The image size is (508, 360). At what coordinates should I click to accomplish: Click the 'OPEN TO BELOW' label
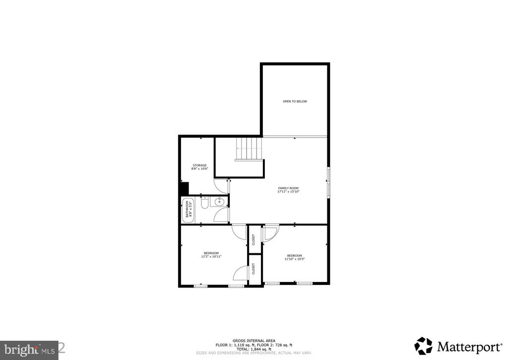[x=295, y=101]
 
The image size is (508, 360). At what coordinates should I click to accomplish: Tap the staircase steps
[x=249, y=147]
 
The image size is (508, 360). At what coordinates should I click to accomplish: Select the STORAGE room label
[x=199, y=165]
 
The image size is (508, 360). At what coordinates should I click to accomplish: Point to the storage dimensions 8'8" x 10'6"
[x=199, y=169]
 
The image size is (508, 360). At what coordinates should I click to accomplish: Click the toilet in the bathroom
[x=204, y=204]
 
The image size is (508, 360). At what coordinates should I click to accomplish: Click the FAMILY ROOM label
[x=288, y=188]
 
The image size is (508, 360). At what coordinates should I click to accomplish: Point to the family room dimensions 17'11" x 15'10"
[x=288, y=192]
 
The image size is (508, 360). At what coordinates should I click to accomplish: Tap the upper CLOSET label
[x=254, y=240]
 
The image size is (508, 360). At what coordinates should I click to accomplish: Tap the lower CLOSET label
[x=254, y=270]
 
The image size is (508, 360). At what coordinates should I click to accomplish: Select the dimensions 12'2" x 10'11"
[x=211, y=257]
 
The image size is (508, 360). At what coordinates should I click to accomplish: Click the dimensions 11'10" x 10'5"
[x=294, y=259]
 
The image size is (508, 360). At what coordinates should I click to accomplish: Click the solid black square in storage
[x=185, y=189]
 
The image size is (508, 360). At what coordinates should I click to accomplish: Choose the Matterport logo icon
[x=423, y=346]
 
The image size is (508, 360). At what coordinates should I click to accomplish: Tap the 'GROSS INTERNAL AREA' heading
[x=254, y=341]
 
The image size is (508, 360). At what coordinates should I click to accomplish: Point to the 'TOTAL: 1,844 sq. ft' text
[x=254, y=349]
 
